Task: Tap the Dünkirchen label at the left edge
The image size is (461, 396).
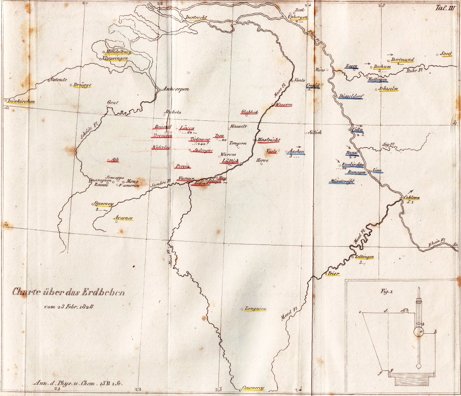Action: pyautogui.click(x=20, y=102)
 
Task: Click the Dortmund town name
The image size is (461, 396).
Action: pyautogui.click(x=403, y=60)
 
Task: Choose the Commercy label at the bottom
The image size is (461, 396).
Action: pyautogui.click(x=254, y=388)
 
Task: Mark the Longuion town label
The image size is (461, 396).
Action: pyautogui.click(x=255, y=308)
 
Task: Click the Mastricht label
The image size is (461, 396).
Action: pyautogui.click(x=268, y=140)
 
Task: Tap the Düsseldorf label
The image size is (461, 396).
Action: pyautogui.click(x=351, y=96)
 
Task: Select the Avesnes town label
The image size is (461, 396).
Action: pyautogui.click(x=124, y=218)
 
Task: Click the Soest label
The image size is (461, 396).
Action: pyautogui.click(x=446, y=54)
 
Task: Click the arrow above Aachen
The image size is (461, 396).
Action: pyautogui.click(x=298, y=146)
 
